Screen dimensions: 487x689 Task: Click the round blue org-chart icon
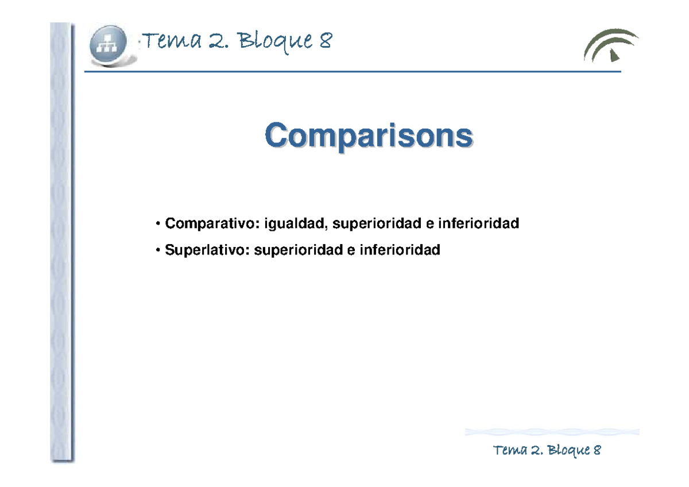[x=111, y=45]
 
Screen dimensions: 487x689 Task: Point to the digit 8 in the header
[x=325, y=41]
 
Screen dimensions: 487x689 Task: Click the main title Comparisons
[x=369, y=137]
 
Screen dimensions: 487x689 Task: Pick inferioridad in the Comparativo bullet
[x=478, y=223]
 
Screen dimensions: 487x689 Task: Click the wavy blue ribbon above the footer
[x=552, y=432]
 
